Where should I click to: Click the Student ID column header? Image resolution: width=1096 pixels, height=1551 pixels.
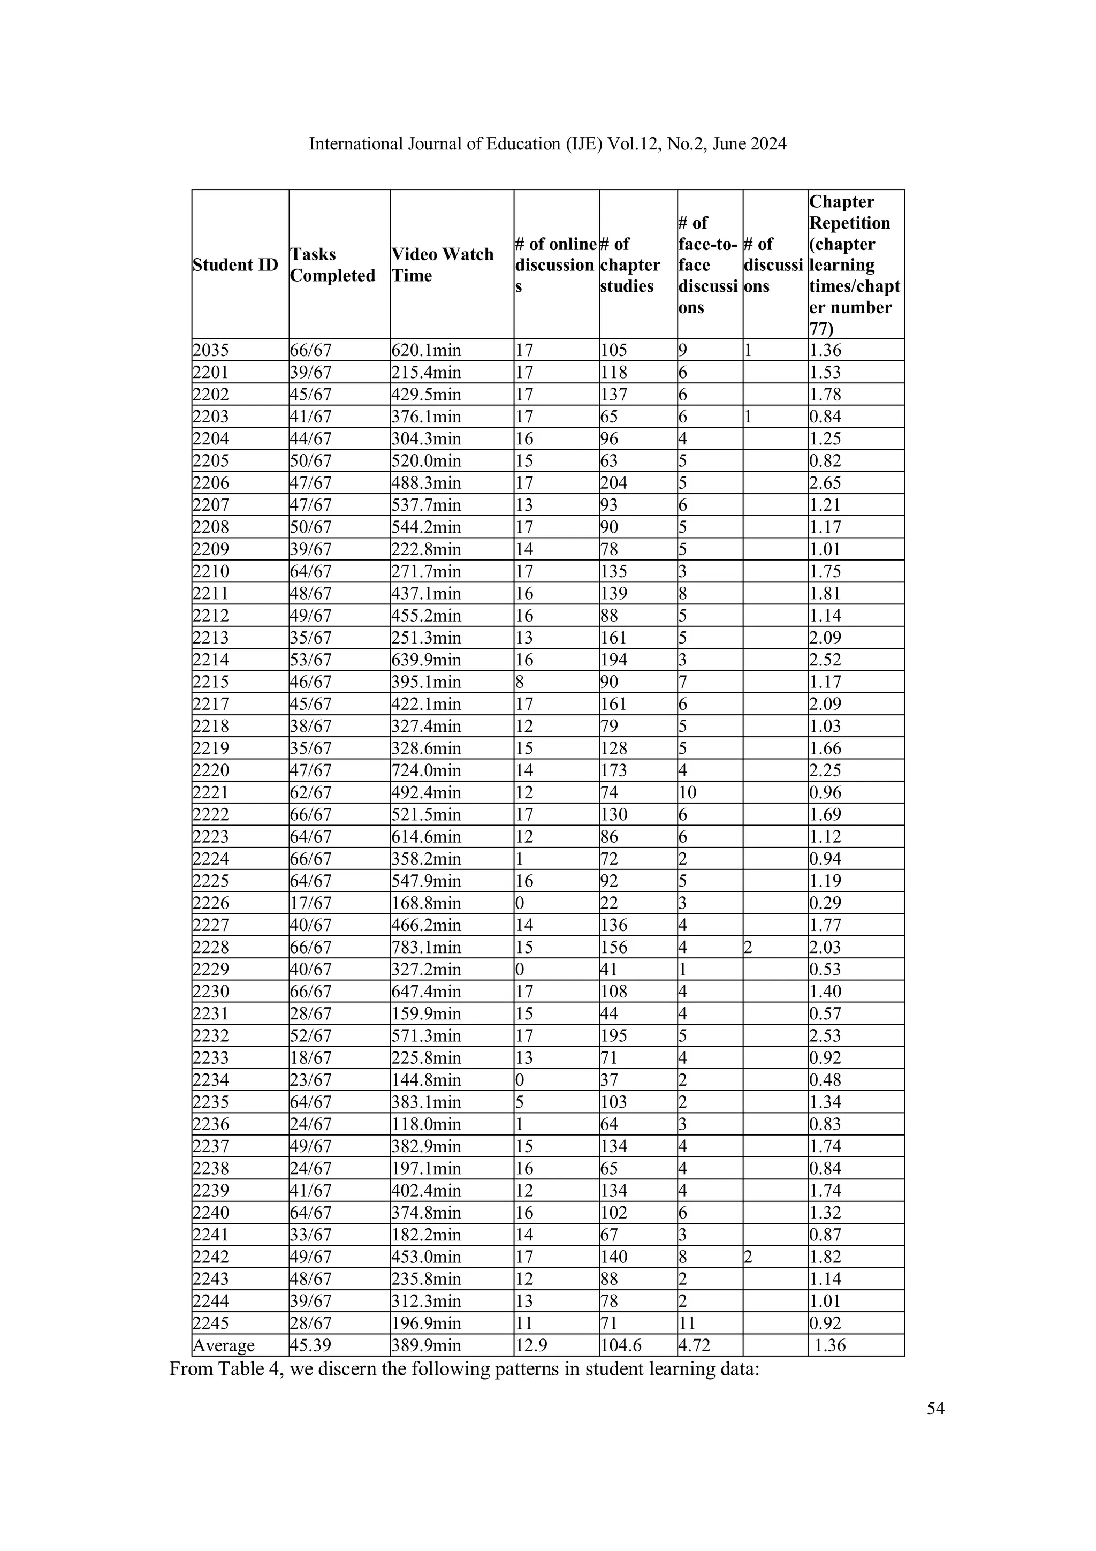click(x=235, y=265)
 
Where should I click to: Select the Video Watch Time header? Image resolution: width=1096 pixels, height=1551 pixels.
click(x=443, y=265)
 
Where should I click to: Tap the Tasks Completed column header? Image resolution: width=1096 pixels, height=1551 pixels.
click(x=332, y=265)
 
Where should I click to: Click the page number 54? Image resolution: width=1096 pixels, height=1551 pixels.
click(x=935, y=1409)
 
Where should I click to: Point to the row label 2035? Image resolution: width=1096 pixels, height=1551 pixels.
click(x=211, y=351)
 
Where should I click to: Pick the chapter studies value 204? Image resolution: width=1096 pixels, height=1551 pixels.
click(x=614, y=483)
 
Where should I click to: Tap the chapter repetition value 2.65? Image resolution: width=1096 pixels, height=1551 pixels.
click(x=825, y=483)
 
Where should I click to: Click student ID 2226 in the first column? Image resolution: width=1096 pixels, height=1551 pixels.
click(x=211, y=903)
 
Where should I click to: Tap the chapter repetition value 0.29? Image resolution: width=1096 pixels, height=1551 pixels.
click(x=825, y=903)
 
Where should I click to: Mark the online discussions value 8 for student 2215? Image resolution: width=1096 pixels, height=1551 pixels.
click(x=520, y=682)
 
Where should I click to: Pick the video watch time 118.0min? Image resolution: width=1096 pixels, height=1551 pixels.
click(x=426, y=1125)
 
